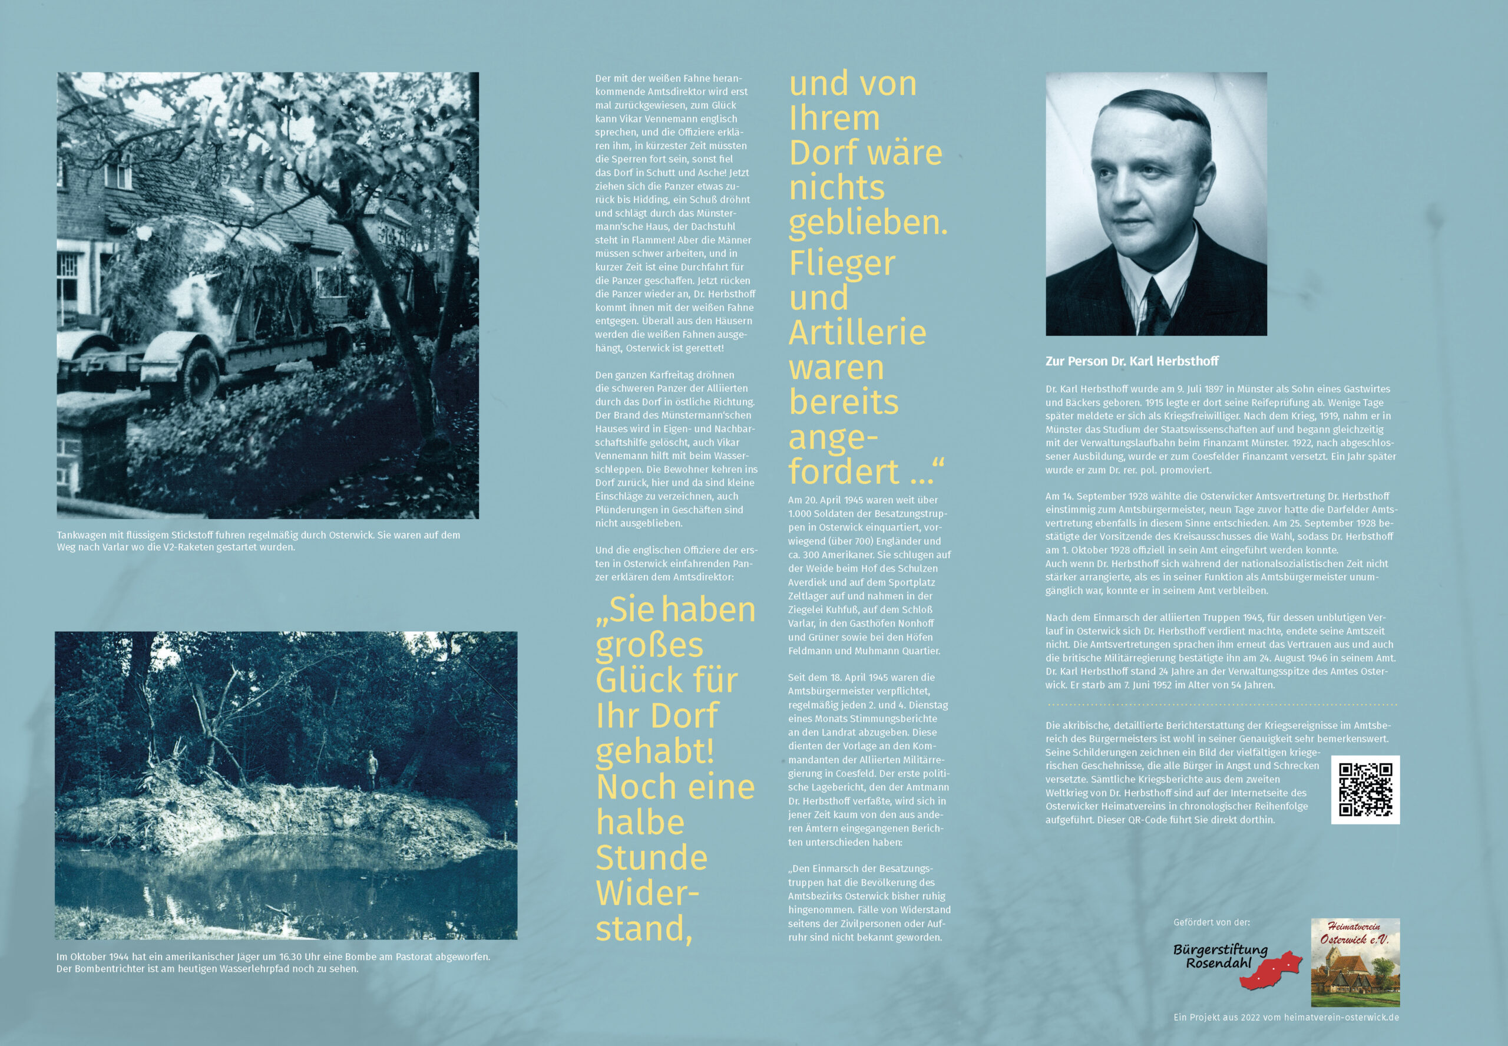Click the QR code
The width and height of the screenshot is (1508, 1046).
coord(1365,789)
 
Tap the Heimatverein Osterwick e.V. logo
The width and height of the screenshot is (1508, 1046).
coord(1355,962)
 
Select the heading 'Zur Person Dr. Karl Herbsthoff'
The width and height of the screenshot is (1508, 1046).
coord(1132,361)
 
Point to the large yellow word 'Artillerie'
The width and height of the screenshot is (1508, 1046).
coord(857,332)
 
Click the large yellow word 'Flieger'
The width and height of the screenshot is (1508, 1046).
coord(842,263)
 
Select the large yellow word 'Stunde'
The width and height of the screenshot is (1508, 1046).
coord(651,857)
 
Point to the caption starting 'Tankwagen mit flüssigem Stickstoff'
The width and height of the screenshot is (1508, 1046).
coord(258,541)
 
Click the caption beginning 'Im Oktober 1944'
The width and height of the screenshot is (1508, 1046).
coord(273,962)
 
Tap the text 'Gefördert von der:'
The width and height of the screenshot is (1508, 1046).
coord(1211,922)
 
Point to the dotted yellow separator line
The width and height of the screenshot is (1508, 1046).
coord(1222,705)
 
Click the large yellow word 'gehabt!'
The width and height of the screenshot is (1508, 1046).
coord(654,751)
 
